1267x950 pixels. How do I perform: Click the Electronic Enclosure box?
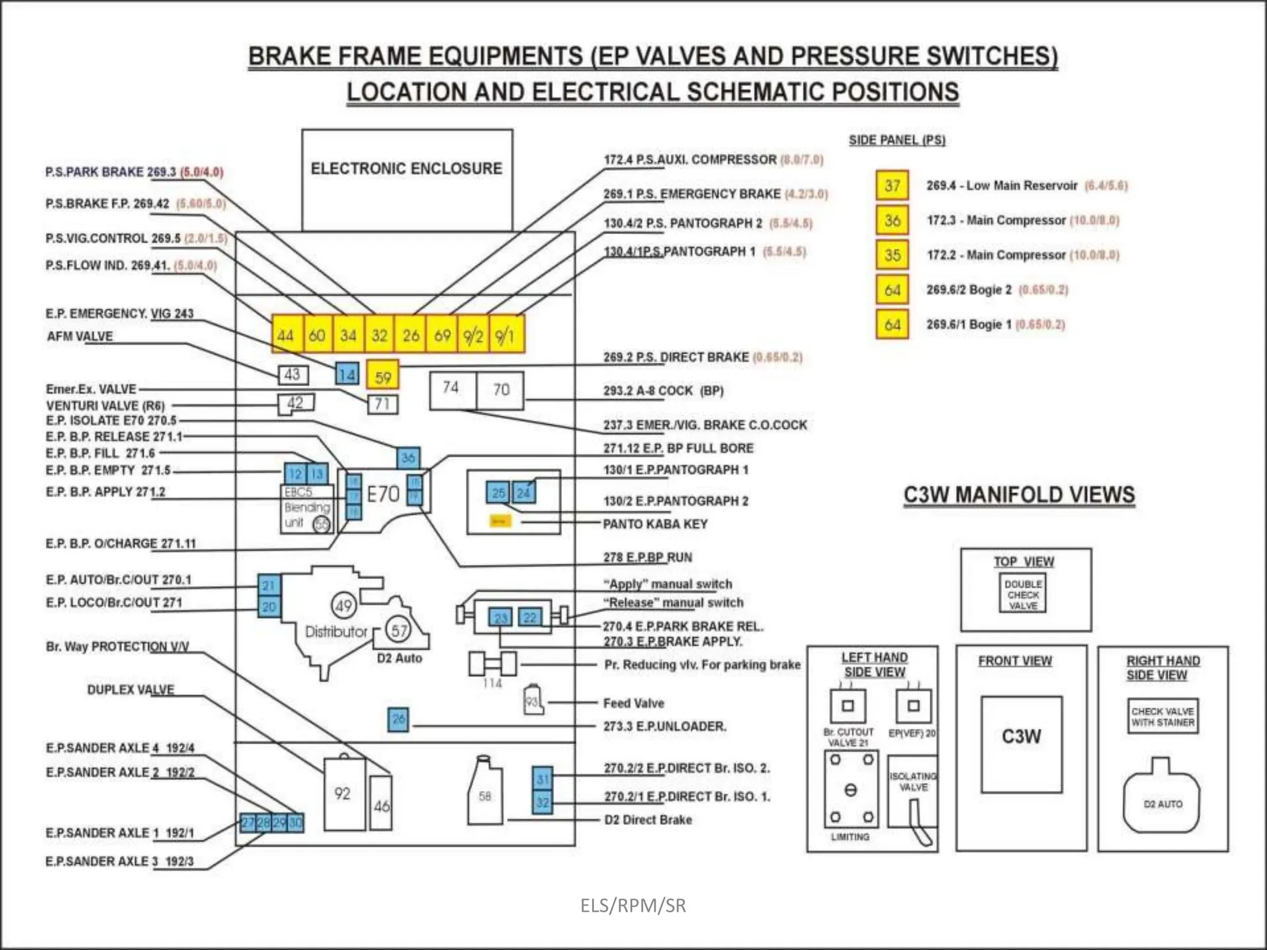[x=407, y=179]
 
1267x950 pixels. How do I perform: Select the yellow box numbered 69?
[x=442, y=335]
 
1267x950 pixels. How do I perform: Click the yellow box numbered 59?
[x=383, y=377]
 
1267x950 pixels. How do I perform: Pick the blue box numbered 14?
[x=347, y=374]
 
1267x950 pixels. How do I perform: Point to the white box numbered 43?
[x=293, y=374]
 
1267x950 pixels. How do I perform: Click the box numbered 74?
[x=452, y=389]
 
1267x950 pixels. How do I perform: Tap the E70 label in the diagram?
[x=383, y=494]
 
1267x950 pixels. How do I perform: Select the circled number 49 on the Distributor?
[x=344, y=606]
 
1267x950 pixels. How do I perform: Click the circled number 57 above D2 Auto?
[x=399, y=630]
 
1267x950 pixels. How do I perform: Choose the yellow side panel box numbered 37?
[x=892, y=186]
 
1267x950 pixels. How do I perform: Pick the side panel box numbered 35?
[x=892, y=255]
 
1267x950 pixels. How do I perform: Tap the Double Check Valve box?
[x=1023, y=594]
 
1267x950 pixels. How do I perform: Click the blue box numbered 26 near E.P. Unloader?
[x=398, y=719]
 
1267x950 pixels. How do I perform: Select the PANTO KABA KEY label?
[x=655, y=524]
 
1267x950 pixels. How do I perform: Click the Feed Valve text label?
[x=633, y=703]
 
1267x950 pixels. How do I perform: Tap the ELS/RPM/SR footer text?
[x=633, y=905]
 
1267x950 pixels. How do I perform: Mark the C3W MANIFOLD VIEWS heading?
[x=1019, y=495]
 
